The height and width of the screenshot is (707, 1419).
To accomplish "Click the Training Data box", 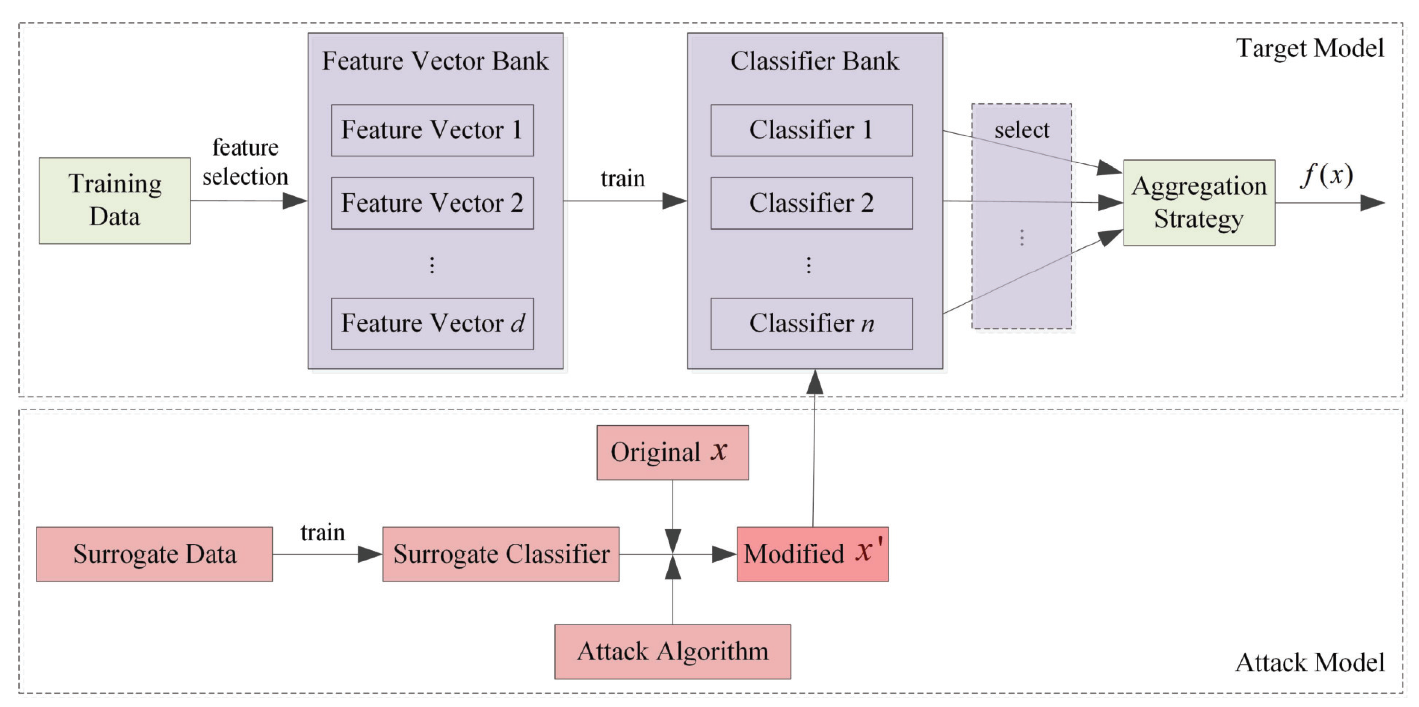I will point(114,200).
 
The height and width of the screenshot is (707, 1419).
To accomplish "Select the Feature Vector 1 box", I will point(432,130).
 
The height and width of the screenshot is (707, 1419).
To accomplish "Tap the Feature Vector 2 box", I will point(432,203).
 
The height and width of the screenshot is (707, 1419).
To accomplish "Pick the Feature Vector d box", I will point(432,324).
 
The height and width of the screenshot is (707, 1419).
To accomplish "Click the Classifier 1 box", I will point(811,130).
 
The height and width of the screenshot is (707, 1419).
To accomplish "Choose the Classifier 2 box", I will point(811,203).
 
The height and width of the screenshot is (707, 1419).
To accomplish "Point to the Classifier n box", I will point(811,324).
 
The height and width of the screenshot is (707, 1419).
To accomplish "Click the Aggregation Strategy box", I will point(1199,202).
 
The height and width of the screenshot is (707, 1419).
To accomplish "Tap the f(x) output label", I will point(1326,175).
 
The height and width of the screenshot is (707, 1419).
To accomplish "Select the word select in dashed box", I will point(1022,131).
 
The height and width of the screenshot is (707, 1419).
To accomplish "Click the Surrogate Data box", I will point(154,554).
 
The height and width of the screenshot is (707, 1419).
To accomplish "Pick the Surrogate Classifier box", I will point(501,554).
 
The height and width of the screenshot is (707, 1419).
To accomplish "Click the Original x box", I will point(672,452).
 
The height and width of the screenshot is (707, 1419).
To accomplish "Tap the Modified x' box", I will point(812,554).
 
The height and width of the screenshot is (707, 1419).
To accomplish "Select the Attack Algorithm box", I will point(672,652).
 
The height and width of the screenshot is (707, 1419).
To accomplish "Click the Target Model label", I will point(1310,49).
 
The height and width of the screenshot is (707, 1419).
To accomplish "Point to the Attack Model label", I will point(1310,662).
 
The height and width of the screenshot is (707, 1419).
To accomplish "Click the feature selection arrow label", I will point(245,162).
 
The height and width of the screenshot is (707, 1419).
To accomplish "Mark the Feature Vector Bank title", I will point(435,60).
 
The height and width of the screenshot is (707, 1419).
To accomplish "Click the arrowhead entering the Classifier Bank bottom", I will point(815,381).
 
